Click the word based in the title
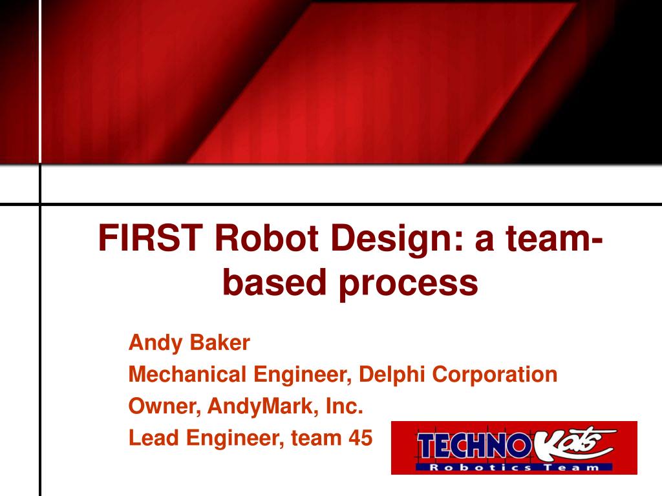[x=275, y=281]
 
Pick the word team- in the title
[x=554, y=239]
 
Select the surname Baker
[x=220, y=342]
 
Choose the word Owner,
[x=165, y=406]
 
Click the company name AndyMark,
[x=263, y=407]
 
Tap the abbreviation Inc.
[x=345, y=406]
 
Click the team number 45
[x=361, y=438]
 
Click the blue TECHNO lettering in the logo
[x=473, y=446]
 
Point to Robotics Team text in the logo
[x=514, y=468]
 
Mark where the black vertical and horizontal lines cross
[x=40, y=205]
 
